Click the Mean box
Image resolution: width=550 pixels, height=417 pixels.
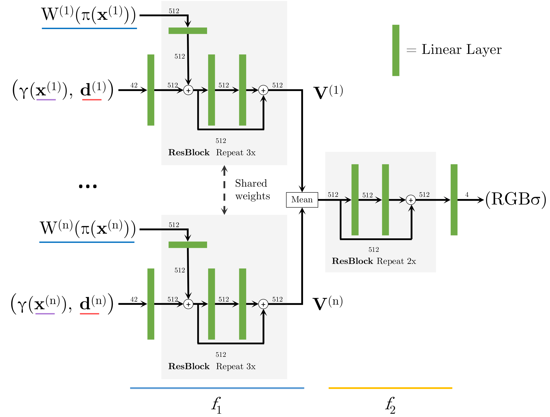tap(302, 200)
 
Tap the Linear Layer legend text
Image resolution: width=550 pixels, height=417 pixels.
tap(461, 50)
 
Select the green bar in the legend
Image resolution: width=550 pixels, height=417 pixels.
tap(395, 50)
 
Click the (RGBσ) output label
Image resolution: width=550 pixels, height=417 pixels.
tap(515, 199)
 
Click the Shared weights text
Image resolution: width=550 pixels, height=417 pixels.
tap(252, 190)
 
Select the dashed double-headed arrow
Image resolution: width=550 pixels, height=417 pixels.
tap(224, 190)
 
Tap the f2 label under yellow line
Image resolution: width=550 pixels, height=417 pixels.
tap(390, 405)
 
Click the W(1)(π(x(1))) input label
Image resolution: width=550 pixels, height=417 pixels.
tap(89, 15)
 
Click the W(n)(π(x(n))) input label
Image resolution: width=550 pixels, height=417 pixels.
tap(87, 228)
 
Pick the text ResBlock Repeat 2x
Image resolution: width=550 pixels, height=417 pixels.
tap(374, 261)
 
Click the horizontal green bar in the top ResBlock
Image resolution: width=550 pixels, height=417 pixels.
tap(188, 31)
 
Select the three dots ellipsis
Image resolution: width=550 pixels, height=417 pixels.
tap(88, 186)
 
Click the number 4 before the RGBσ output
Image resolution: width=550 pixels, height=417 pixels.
tap(467, 195)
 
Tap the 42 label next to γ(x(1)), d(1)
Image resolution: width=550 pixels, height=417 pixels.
tap(134, 85)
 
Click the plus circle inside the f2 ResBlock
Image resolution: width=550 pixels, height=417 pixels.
tap(411, 200)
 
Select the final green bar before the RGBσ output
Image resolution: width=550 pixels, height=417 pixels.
tap(454, 200)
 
